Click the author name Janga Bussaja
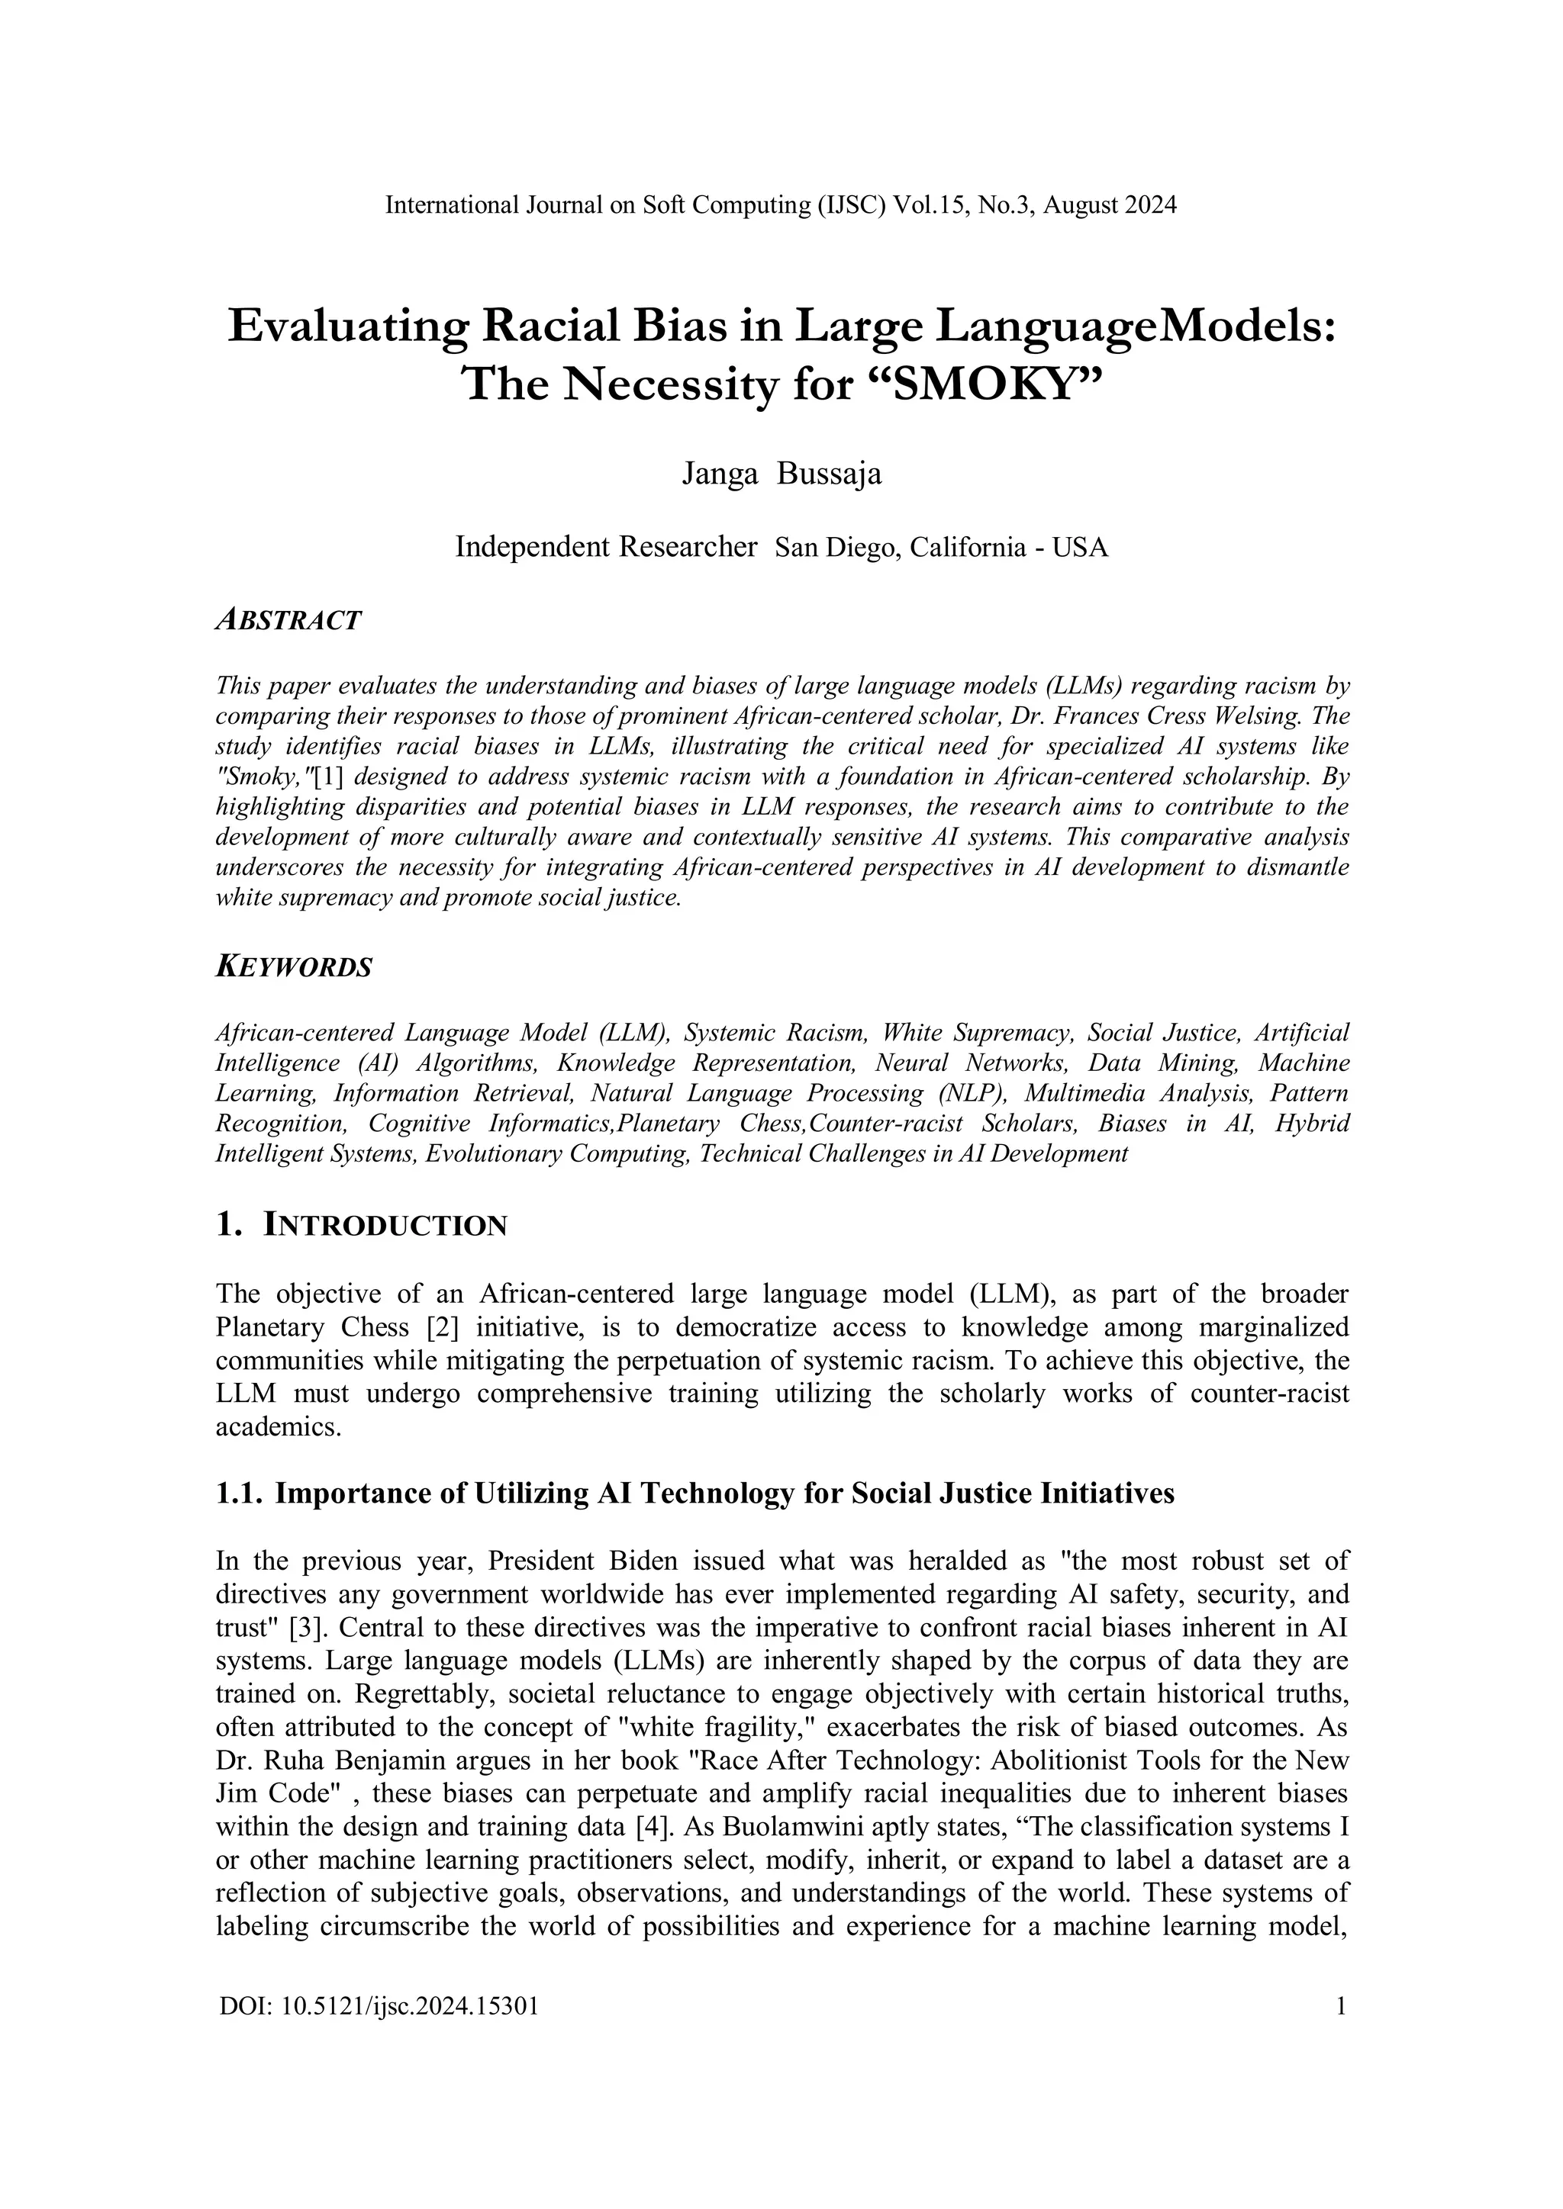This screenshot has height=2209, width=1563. coord(781,474)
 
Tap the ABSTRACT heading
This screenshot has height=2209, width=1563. coord(288,621)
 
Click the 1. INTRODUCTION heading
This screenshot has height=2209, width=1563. coord(361,1226)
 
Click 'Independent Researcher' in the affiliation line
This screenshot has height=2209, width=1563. coord(605,548)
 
